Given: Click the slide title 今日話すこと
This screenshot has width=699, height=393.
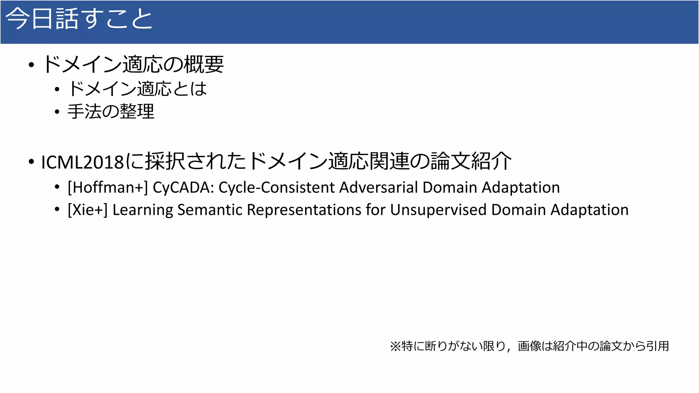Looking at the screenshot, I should tap(79, 19).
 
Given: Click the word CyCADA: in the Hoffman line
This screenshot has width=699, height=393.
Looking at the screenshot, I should tap(183, 188).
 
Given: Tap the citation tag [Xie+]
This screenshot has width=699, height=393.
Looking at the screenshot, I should tap(87, 210).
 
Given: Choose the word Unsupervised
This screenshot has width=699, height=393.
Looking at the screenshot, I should tap(438, 210).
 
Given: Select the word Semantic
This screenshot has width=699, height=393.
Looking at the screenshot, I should tap(210, 210).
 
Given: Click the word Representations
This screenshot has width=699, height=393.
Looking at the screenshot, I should tap(304, 210).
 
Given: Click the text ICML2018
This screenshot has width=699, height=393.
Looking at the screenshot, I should tap(82, 162).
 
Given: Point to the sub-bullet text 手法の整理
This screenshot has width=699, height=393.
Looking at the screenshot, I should tap(111, 112).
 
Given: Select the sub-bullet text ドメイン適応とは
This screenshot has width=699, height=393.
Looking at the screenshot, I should tap(137, 89).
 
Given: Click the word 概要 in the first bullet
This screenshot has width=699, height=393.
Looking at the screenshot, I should tap(204, 64).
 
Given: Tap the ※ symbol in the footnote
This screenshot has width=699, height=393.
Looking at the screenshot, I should tap(395, 346).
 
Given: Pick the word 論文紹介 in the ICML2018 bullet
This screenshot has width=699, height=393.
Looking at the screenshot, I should tap(471, 161).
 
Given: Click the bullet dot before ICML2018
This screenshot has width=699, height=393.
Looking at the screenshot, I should tap(31, 162).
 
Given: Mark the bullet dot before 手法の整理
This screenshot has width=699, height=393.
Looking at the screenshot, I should tap(57, 112).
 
